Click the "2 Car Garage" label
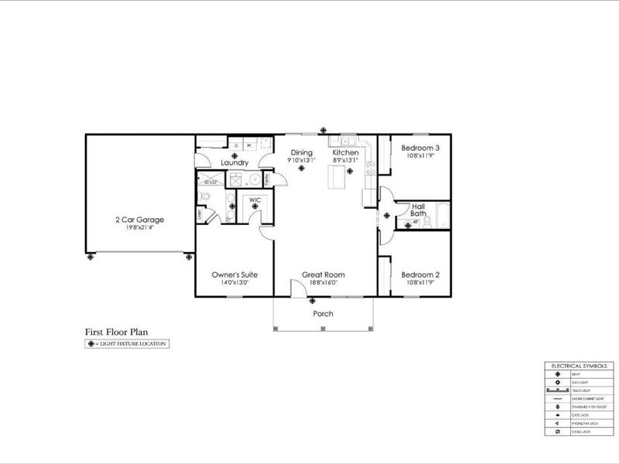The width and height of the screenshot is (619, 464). pyautogui.click(x=139, y=219)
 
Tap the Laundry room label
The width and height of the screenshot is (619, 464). pyautogui.click(x=234, y=163)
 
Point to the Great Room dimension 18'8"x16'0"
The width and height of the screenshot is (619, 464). pyautogui.click(x=323, y=283)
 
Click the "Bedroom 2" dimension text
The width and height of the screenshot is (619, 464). pyautogui.click(x=421, y=283)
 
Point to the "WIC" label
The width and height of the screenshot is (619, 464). pyautogui.click(x=254, y=200)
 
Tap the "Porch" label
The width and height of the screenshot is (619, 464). pyautogui.click(x=323, y=314)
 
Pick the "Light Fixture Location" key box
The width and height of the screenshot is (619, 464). pyautogui.click(x=125, y=343)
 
